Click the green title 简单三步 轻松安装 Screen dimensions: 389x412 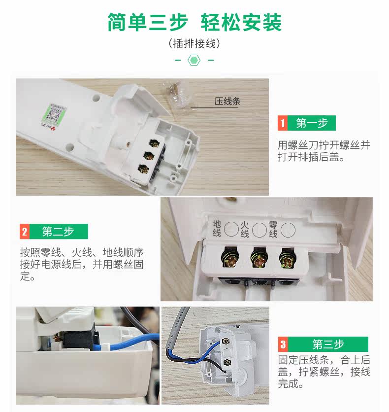tap(194, 22)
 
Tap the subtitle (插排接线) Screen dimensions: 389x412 tap(194, 43)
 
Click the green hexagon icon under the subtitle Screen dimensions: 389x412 tap(194, 60)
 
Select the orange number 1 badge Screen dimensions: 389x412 tap(283, 123)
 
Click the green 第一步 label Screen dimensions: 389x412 tap(312, 123)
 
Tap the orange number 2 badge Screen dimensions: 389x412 tap(25, 232)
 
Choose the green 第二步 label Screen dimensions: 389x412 tap(59, 232)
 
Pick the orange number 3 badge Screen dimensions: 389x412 tap(283, 344)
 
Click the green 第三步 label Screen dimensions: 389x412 tap(328, 344)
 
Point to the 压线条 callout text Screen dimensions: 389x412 tap(227, 101)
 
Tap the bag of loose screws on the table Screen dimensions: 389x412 tap(176, 94)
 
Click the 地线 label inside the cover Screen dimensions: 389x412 tap(217, 229)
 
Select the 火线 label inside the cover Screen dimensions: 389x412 tap(244, 229)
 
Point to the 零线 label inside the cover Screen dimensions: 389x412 tap(273, 229)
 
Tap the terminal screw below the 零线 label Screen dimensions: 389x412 tap(288, 258)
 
